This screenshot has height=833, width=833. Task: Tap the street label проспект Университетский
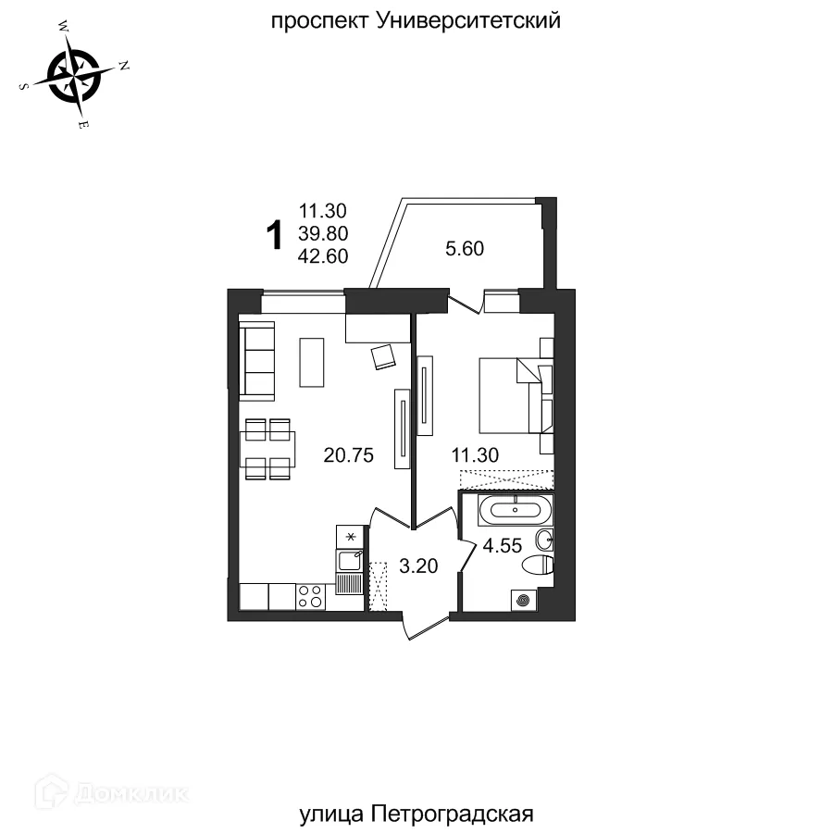point(416,20)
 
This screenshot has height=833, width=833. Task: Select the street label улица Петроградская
point(417,814)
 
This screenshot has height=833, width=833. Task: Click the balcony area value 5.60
point(465,248)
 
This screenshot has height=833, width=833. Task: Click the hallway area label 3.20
point(416,566)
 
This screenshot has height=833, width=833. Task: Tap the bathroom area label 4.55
point(500,545)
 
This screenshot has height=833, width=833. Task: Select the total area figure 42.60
point(323,256)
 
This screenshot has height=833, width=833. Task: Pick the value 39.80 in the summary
point(323,234)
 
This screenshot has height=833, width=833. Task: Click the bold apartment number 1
point(274,235)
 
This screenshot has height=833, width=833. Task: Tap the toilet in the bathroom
point(539,566)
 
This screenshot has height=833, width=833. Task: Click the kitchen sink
point(350,559)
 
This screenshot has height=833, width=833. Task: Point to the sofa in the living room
point(257,361)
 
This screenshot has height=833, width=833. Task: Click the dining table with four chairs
point(267,449)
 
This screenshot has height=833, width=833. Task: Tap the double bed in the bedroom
point(515,394)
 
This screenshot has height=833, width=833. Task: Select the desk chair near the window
point(383,355)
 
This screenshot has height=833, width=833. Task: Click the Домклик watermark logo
point(111,793)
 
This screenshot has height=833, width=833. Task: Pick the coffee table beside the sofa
point(312,363)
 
